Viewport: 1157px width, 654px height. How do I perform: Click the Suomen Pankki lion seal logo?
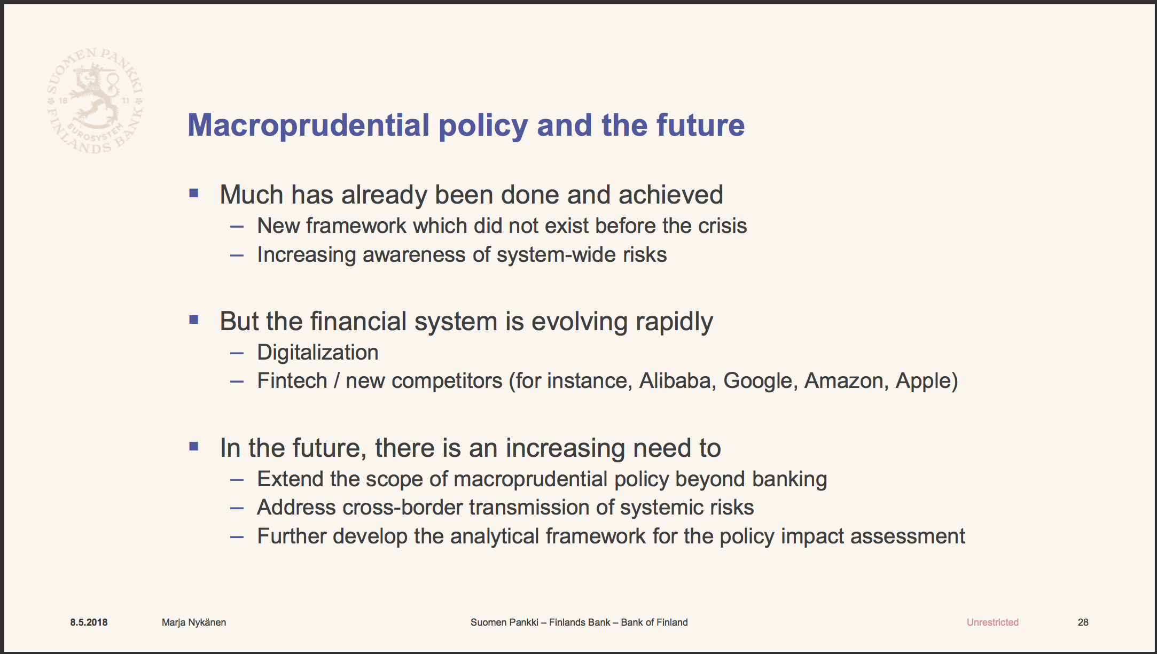95,100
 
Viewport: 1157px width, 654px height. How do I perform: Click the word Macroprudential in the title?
309,126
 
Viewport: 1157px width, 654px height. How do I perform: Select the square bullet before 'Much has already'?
194,193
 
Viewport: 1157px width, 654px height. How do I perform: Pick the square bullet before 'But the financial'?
194,320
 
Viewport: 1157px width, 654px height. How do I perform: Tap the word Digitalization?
318,353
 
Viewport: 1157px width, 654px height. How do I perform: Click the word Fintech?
292,381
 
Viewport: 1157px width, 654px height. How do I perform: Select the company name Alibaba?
677,381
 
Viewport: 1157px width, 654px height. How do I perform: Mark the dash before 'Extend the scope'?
237,480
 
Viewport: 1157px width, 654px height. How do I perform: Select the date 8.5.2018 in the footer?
89,622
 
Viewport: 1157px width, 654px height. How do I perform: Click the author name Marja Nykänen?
194,622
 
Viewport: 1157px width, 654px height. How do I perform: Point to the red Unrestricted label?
992,622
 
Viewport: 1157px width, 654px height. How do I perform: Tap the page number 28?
1083,622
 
